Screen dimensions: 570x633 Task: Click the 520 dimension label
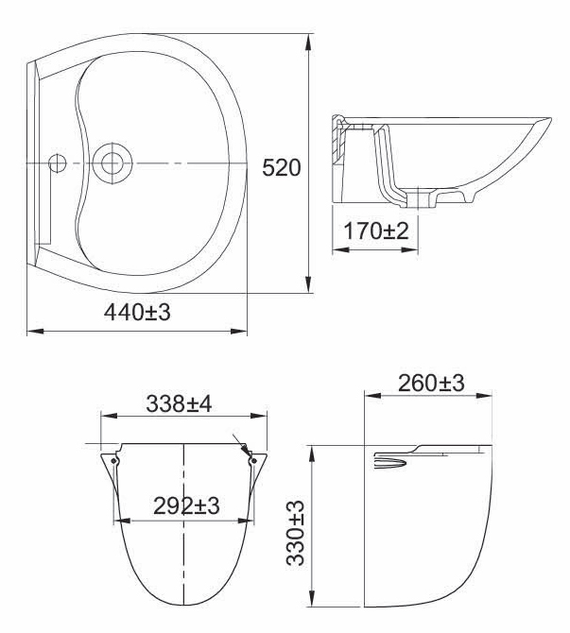click(x=281, y=168)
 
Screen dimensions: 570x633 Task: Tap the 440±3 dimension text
click(x=137, y=312)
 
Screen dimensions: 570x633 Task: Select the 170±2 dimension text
click(x=375, y=231)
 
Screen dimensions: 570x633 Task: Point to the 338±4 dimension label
click(x=179, y=403)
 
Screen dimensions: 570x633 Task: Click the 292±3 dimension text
click(x=186, y=505)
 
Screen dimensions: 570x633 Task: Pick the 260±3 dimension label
click(x=431, y=384)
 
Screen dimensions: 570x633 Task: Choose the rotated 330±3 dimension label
click(x=295, y=533)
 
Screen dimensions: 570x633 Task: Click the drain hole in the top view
click(x=112, y=163)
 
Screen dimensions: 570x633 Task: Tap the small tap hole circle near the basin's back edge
click(x=57, y=163)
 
